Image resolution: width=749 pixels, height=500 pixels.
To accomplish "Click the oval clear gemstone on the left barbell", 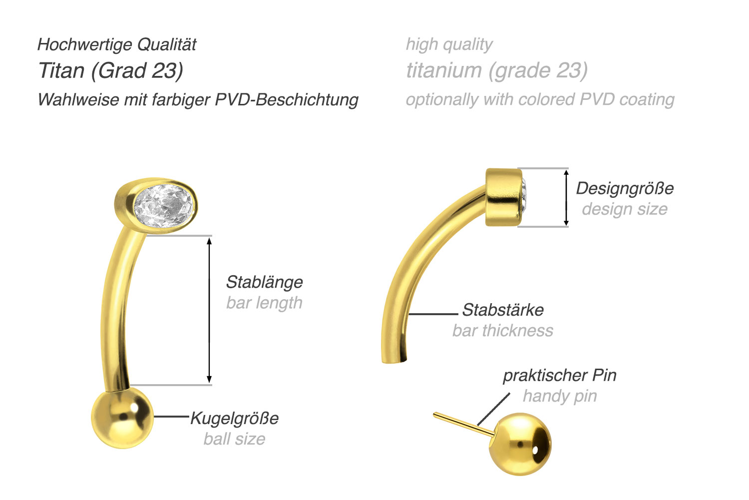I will [x=165, y=206].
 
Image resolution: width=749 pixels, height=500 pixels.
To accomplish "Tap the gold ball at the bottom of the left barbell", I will [x=122, y=418].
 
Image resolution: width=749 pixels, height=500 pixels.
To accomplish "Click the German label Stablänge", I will [x=264, y=282].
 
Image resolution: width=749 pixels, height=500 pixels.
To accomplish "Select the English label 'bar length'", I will [x=264, y=303].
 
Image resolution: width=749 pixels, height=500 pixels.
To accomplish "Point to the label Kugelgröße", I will [x=235, y=418].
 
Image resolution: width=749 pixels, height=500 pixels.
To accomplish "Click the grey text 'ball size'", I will [x=234, y=439].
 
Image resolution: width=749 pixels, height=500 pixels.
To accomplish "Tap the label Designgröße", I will [x=625, y=188].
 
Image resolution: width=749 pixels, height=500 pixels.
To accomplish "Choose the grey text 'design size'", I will [x=625, y=209].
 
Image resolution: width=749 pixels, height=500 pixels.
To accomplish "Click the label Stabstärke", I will [x=503, y=310].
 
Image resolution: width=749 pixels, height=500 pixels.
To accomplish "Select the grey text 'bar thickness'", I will [x=503, y=331].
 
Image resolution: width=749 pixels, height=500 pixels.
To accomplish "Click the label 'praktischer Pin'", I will [x=559, y=375].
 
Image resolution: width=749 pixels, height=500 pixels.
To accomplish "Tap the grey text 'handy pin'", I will [x=560, y=396].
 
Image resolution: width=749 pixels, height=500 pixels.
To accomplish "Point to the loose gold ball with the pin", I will [x=520, y=444].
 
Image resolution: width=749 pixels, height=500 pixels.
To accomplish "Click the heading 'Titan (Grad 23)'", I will [x=111, y=70].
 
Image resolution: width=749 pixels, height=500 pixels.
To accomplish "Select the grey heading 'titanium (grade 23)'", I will [x=497, y=70].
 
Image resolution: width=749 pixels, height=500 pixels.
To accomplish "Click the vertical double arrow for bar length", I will [x=209, y=310].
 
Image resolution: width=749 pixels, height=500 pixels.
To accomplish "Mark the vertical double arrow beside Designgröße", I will [x=566, y=197].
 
